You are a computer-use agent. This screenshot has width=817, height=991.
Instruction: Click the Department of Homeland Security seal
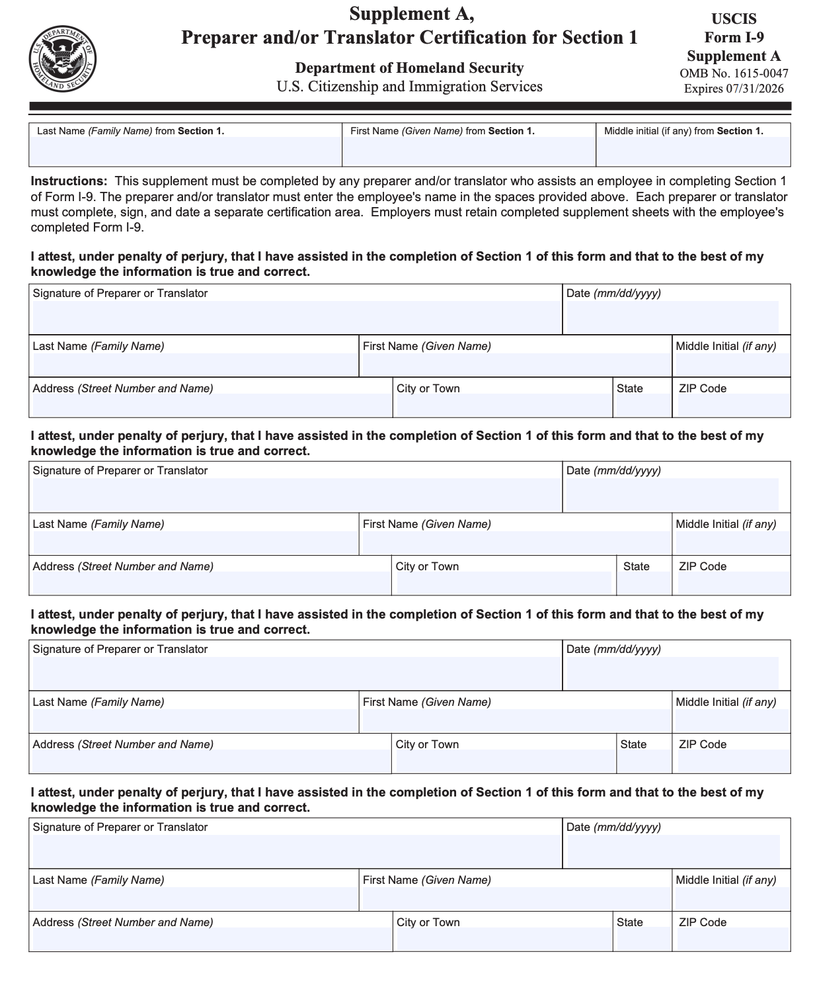[62, 60]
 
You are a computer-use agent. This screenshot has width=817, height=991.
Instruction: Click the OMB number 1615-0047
[733, 73]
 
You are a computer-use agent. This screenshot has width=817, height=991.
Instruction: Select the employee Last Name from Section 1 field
[185, 151]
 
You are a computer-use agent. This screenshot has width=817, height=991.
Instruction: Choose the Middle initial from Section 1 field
[693, 151]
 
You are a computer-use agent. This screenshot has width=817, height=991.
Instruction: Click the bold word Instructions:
[69, 181]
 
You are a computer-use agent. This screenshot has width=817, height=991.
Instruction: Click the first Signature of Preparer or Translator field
[295, 317]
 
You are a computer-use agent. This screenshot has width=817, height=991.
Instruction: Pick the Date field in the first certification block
[672, 317]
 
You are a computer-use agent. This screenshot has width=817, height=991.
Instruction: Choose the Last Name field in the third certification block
[194, 720]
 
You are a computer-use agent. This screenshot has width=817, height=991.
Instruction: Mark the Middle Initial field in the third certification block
[731, 720]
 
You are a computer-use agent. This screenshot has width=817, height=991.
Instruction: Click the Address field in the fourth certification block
[211, 939]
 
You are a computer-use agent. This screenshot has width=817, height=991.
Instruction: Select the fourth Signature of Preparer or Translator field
[295, 851]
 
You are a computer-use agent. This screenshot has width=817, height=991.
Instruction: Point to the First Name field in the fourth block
[516, 898]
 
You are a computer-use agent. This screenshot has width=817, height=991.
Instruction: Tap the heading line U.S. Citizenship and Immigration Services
[409, 87]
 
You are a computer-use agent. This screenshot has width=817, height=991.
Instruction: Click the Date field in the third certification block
[672, 673]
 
